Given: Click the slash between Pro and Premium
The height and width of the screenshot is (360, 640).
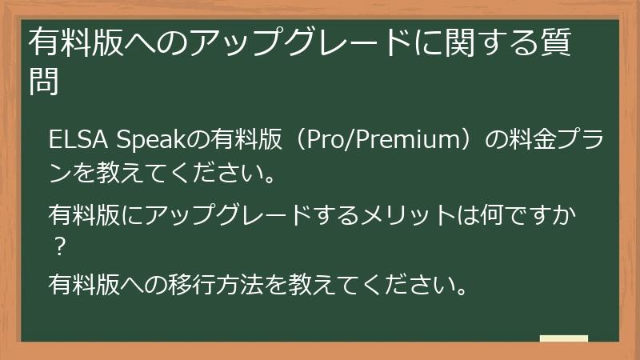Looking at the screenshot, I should point(350,141).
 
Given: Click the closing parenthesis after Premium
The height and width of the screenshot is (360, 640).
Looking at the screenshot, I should point(472,141).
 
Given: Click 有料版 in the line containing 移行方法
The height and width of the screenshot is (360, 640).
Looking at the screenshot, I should point(84,284).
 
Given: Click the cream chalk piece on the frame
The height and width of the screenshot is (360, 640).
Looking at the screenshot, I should point(564,338).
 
